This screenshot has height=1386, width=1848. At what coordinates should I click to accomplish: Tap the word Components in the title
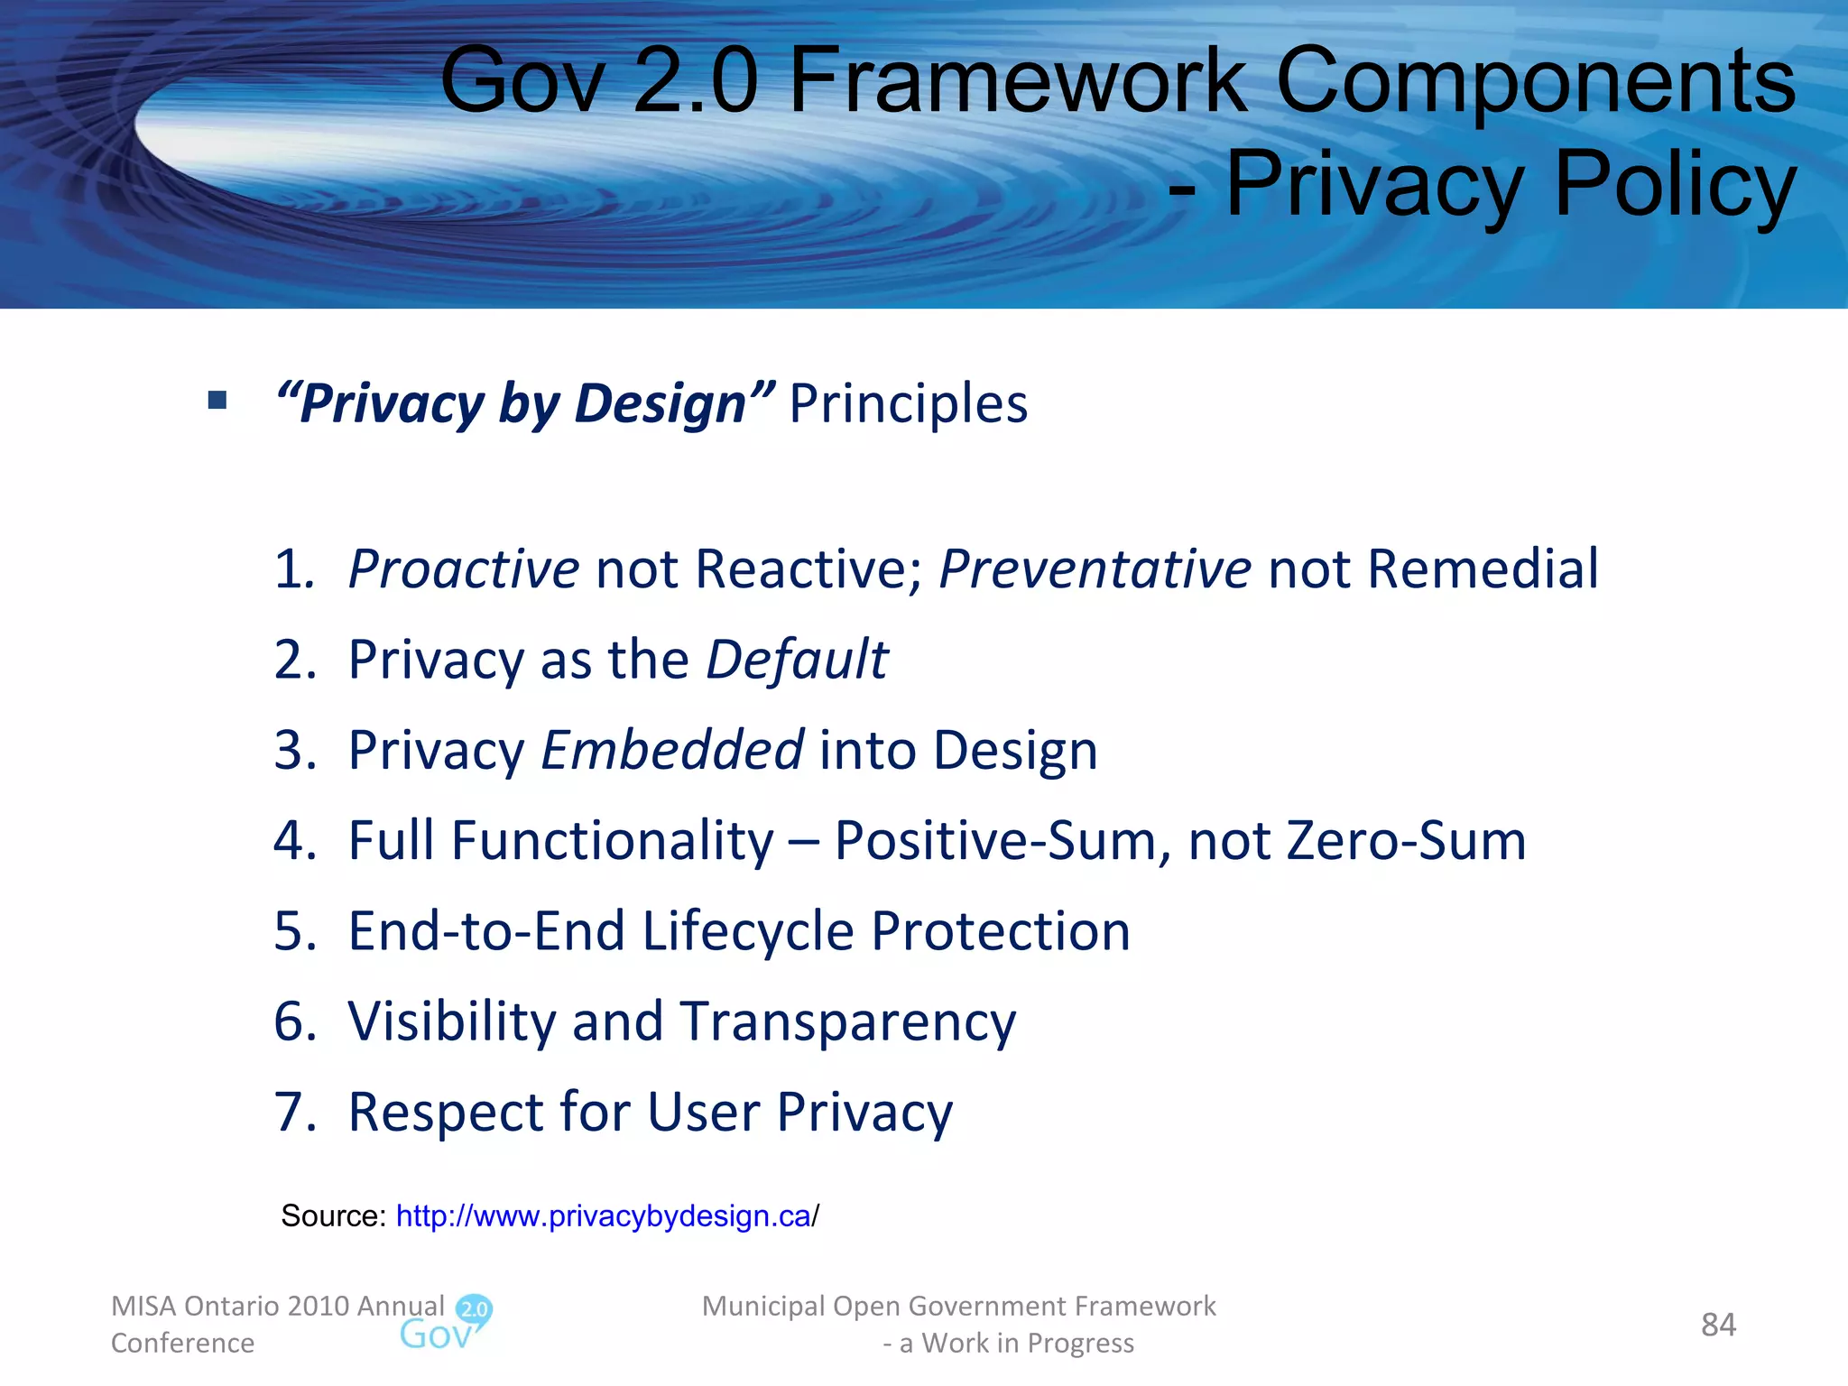(x=1535, y=83)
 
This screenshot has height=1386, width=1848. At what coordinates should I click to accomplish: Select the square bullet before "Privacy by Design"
(x=217, y=400)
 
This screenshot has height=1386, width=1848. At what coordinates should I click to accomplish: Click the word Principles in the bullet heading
(x=908, y=403)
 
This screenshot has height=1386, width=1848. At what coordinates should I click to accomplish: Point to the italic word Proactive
(x=463, y=568)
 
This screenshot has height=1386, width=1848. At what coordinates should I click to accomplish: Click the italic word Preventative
(x=1095, y=568)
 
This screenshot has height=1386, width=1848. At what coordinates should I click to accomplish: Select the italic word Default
(x=797, y=660)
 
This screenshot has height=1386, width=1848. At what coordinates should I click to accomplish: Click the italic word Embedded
(x=672, y=750)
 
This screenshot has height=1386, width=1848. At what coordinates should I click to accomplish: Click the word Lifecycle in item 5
(x=747, y=931)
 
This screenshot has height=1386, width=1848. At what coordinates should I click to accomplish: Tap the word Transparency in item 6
(x=847, y=1021)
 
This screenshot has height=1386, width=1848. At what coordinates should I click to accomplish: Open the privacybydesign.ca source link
(x=604, y=1216)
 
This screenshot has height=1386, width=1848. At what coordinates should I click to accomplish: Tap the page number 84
(x=1718, y=1325)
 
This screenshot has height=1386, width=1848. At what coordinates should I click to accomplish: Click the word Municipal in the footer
(x=763, y=1306)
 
